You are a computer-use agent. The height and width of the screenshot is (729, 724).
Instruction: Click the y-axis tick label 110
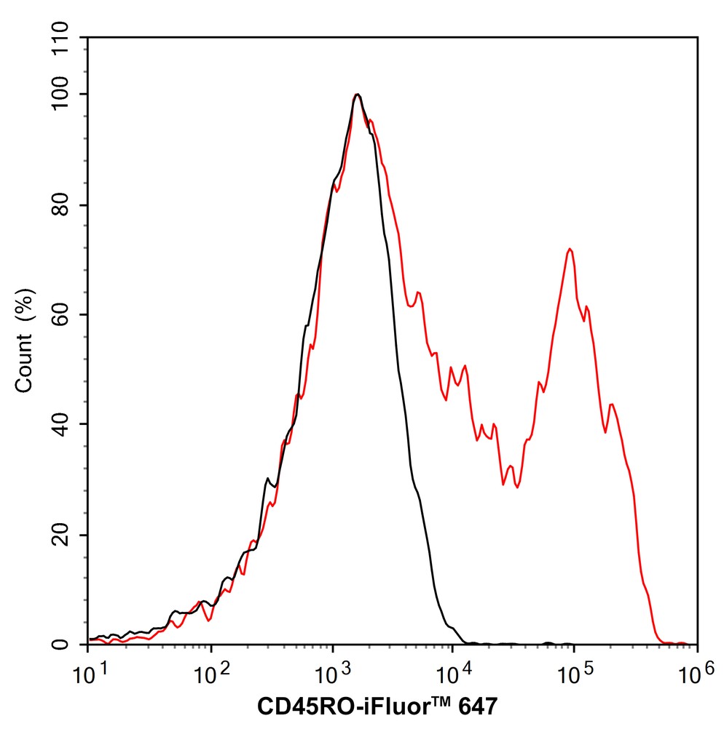tap(63, 37)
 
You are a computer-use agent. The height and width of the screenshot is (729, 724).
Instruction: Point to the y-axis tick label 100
tap(63, 95)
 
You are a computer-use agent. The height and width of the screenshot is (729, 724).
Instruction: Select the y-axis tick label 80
tap(63, 205)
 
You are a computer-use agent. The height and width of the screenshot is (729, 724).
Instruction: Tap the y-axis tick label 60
tap(63, 315)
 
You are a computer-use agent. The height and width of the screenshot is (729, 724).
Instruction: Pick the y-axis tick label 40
tap(63, 425)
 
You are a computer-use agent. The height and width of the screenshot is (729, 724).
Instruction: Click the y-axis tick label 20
tap(63, 535)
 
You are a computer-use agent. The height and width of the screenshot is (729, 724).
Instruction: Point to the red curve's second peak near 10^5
tap(570, 250)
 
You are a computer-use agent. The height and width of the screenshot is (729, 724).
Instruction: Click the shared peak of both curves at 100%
tap(357, 95)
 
